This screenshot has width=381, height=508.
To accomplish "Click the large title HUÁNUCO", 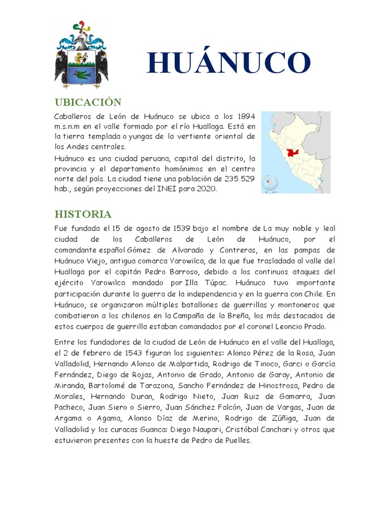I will pos(229,63).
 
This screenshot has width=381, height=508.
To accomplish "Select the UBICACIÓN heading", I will pos(88,102).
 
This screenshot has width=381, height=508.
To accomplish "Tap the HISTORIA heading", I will pos(83,214).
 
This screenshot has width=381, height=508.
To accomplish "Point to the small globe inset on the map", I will pos(270,182).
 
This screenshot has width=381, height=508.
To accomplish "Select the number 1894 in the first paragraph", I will pos(246,116).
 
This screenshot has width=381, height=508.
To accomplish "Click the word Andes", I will pos(77,147).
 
